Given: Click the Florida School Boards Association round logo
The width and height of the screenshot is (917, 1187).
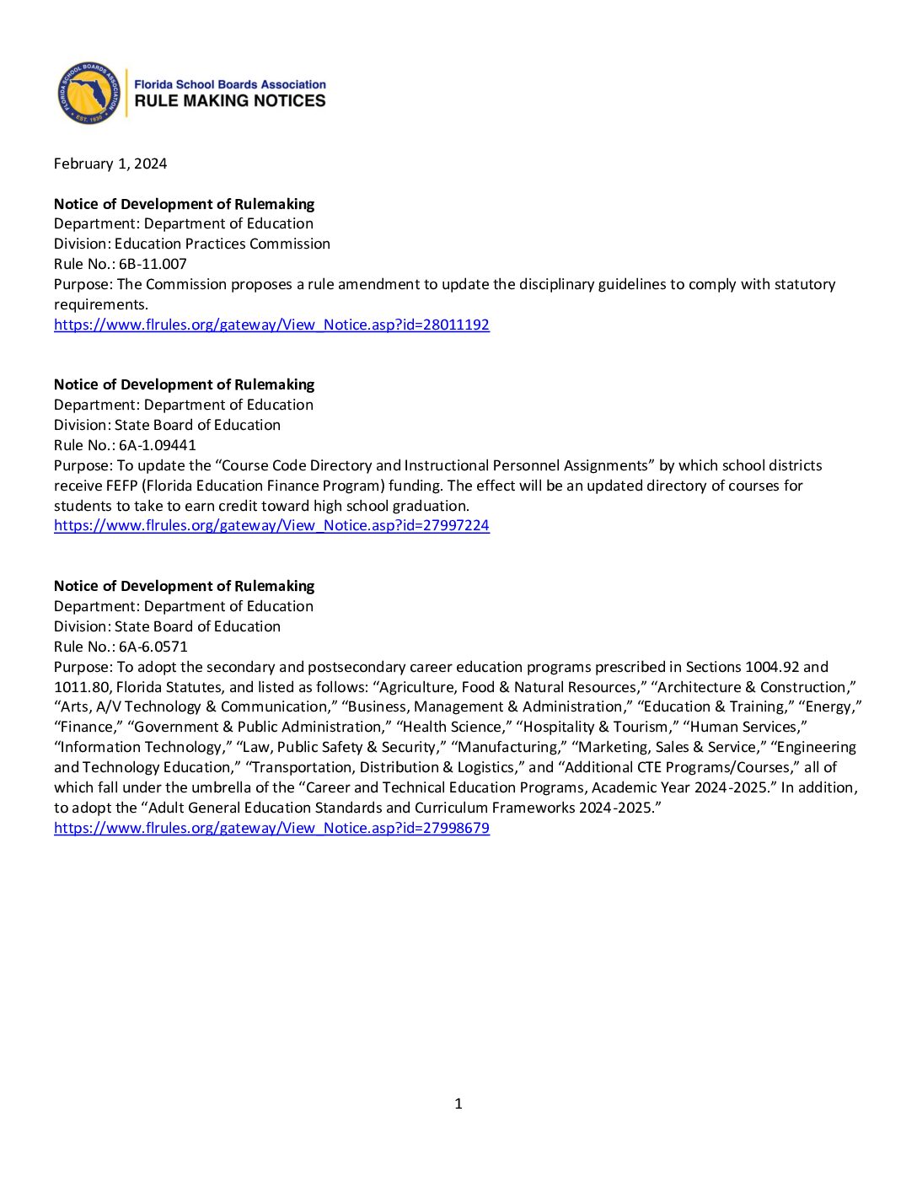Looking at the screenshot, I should (x=88, y=93).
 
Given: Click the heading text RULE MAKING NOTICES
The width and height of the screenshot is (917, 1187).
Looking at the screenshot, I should (x=230, y=101).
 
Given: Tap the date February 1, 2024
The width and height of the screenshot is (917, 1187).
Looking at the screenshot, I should (x=110, y=164).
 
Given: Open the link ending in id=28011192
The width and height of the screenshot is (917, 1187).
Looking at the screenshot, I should (x=271, y=325).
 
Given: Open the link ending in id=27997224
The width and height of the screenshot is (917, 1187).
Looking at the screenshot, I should (x=271, y=525).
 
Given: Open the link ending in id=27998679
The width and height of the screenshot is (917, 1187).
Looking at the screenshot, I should (x=271, y=828).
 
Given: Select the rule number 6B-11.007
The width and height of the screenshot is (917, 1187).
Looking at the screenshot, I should (x=153, y=264).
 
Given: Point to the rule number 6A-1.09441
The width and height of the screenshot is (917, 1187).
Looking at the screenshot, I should (x=157, y=445).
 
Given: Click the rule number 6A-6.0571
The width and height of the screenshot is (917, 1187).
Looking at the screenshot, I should (x=153, y=647).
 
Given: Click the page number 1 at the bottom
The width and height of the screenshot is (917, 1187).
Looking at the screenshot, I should (x=458, y=1104).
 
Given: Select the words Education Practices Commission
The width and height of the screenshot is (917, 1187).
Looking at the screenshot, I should (x=223, y=244).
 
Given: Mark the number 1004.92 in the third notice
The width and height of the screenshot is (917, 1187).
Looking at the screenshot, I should (x=766, y=667).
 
